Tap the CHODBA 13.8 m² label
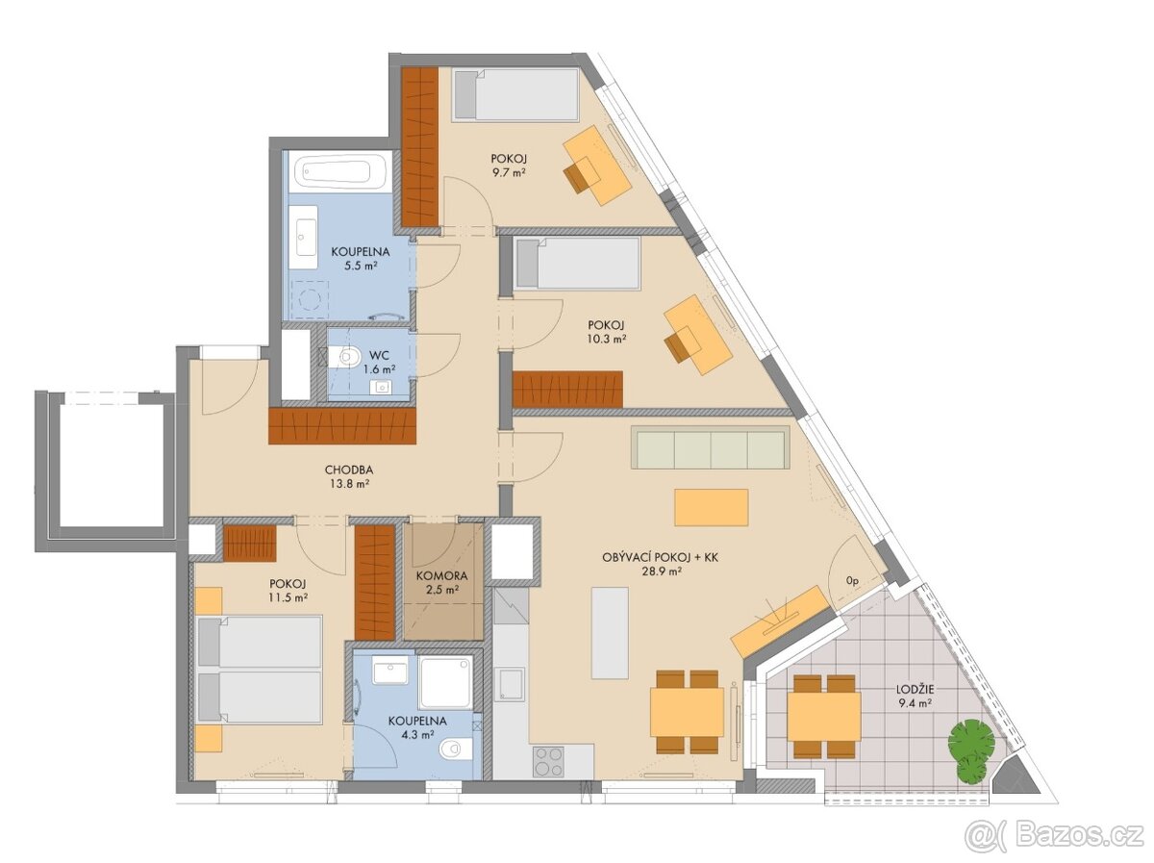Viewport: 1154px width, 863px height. tap(348, 477)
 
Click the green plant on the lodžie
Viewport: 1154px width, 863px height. tap(970, 746)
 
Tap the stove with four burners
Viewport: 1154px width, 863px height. tap(549, 762)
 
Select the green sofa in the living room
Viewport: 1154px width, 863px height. tap(710, 449)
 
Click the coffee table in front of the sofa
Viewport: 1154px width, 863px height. tap(711, 507)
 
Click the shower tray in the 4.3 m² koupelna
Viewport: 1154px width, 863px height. tap(445, 682)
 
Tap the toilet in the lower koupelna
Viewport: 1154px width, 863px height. tap(455, 749)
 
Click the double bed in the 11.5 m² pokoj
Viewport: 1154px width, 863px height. tap(260, 670)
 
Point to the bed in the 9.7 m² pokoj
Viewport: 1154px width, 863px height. tap(515, 94)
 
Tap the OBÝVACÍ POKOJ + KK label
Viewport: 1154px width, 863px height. tap(642, 564)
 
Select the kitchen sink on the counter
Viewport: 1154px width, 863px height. tap(511, 683)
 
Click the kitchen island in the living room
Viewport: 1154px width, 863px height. tap(610, 633)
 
